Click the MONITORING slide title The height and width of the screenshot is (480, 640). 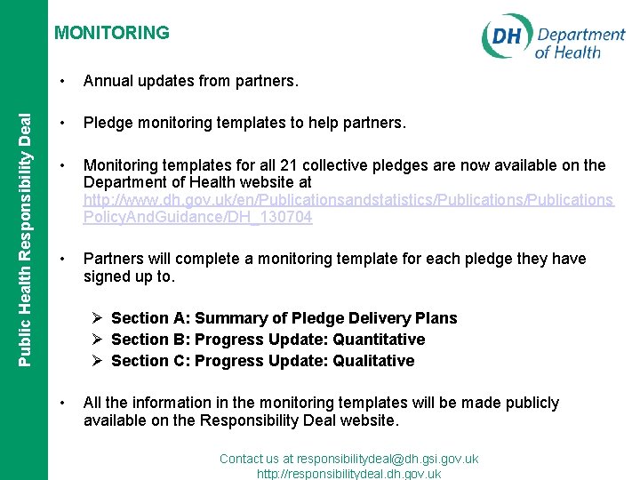(x=111, y=33)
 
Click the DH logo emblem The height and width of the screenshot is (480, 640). (x=507, y=37)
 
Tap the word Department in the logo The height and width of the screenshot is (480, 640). (x=580, y=35)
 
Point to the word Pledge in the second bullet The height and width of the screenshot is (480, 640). (x=107, y=124)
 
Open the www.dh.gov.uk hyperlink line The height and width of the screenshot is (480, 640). (x=348, y=200)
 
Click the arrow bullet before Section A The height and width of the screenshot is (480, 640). (x=99, y=318)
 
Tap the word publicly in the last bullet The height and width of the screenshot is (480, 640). (x=528, y=403)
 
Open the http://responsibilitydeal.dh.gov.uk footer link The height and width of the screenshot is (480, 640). (x=348, y=474)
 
